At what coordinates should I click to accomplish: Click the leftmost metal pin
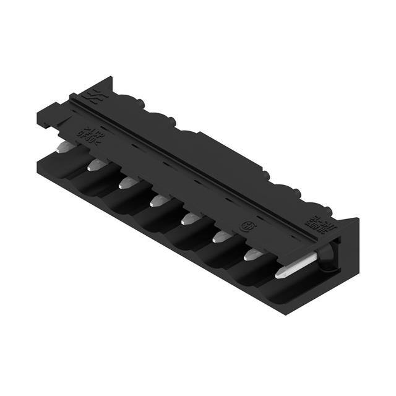(67, 147)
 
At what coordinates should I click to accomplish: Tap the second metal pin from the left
(97, 165)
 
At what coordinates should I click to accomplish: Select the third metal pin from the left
(127, 183)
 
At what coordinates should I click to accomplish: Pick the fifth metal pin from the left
(189, 218)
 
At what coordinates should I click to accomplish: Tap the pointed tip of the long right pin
(279, 272)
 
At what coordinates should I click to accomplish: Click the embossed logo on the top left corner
(95, 96)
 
